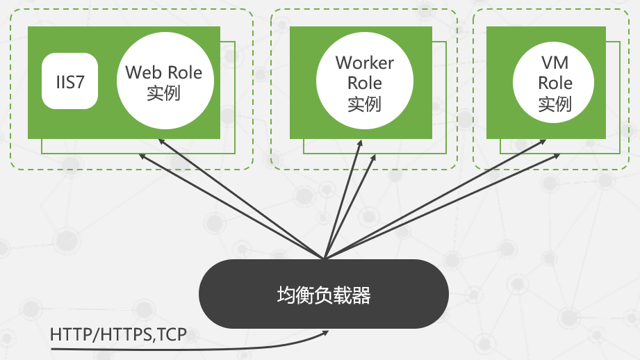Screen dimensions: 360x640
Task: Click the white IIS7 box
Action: tap(69, 81)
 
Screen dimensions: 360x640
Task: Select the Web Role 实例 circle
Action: tap(164, 82)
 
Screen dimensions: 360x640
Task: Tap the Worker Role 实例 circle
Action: tap(364, 83)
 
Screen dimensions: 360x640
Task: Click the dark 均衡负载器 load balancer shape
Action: tap(324, 295)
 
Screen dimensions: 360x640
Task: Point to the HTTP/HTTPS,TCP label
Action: tap(118, 334)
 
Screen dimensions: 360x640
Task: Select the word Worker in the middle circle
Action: tap(364, 63)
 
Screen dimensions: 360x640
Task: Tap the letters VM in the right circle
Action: tap(555, 63)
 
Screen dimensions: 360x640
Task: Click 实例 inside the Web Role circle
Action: tap(164, 92)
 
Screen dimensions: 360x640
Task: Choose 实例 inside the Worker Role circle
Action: tap(364, 104)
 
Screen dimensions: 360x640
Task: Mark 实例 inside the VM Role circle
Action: tap(555, 104)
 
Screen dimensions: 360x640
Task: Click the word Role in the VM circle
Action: tap(555, 83)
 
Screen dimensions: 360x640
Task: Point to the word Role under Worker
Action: tap(364, 83)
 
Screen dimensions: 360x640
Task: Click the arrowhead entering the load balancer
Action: tap(326, 333)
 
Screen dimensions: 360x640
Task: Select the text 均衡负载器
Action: tap(324, 295)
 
